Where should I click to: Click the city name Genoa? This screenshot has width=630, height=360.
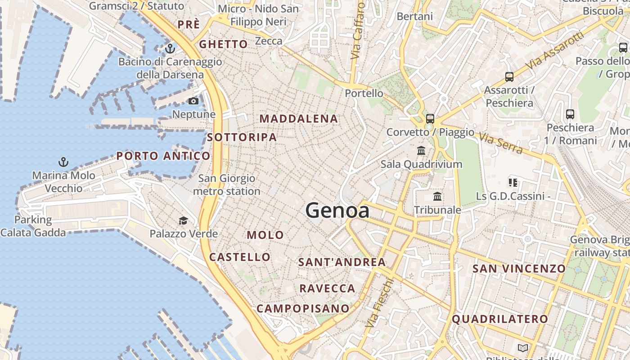coord(337,211)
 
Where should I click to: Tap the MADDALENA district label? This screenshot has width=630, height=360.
coord(299,119)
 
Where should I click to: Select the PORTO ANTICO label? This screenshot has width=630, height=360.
coord(163,156)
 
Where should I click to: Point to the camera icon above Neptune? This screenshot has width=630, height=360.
coord(193,101)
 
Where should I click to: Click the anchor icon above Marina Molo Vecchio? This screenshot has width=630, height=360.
coord(63,162)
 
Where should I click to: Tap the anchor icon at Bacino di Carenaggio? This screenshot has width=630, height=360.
coord(170,48)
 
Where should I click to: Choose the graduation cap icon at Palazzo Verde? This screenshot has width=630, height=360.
coord(183,220)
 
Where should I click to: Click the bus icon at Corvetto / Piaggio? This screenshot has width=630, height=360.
coord(430,119)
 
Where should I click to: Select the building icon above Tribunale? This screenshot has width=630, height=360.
coord(437,196)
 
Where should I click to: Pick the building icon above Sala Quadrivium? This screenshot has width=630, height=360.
coord(421,150)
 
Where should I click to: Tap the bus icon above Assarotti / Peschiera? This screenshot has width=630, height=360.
coord(509,77)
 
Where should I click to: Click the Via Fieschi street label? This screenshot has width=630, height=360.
coord(380,302)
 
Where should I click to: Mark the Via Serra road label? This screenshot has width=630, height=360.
coord(500,143)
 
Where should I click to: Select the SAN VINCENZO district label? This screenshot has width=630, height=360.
coord(519,269)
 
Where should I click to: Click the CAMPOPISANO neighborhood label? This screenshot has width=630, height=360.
coord(303,309)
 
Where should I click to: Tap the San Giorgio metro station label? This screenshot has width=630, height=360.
coord(227,185)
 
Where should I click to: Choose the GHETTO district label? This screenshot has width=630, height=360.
coord(224,44)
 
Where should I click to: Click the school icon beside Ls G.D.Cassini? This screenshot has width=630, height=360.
coord(513,183)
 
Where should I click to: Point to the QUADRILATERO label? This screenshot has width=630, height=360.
coord(500,319)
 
